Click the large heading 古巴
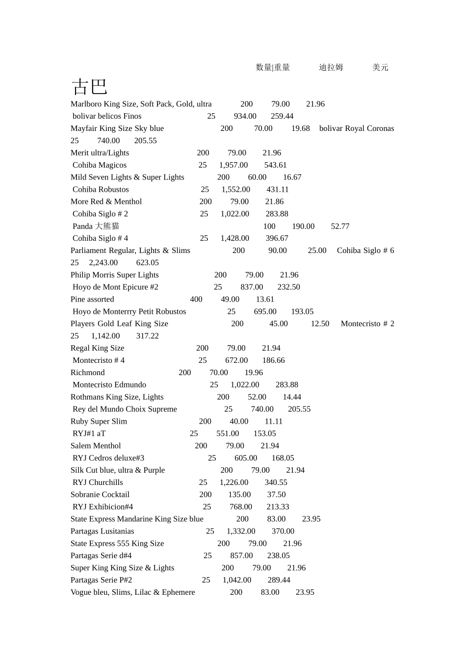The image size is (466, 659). click(x=89, y=87)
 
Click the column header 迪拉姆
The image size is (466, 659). click(x=331, y=67)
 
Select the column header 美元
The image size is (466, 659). click(x=380, y=67)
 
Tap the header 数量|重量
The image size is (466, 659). click(x=273, y=67)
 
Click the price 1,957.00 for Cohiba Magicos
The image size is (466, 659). click(x=233, y=165)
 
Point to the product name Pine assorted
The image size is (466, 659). click(x=92, y=299)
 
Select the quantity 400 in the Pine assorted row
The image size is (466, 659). click(x=196, y=299)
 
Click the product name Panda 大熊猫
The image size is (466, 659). click(x=96, y=226)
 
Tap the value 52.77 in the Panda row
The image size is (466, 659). click(x=340, y=226)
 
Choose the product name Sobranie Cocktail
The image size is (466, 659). click(x=100, y=494)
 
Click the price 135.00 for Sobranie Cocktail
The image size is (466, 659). click(x=239, y=494)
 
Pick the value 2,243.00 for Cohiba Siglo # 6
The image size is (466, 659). click(x=104, y=263)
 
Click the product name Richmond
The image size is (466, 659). click(x=88, y=373)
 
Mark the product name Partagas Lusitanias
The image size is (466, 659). click(x=102, y=531)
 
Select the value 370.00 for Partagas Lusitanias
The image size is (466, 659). click(x=283, y=531)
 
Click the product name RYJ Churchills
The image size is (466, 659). click(x=98, y=482)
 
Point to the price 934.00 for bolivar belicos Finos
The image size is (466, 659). click(x=245, y=116)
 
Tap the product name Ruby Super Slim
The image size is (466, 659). click(x=99, y=421)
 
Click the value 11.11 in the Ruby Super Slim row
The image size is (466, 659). click(x=274, y=421)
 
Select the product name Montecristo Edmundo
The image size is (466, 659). click(x=109, y=385)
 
